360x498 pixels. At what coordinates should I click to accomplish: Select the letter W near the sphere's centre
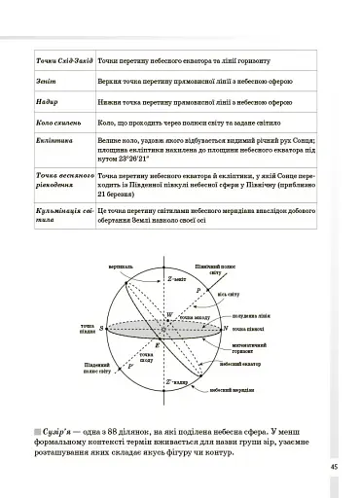(169, 316)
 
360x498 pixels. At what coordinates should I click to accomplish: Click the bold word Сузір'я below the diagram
(64, 432)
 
